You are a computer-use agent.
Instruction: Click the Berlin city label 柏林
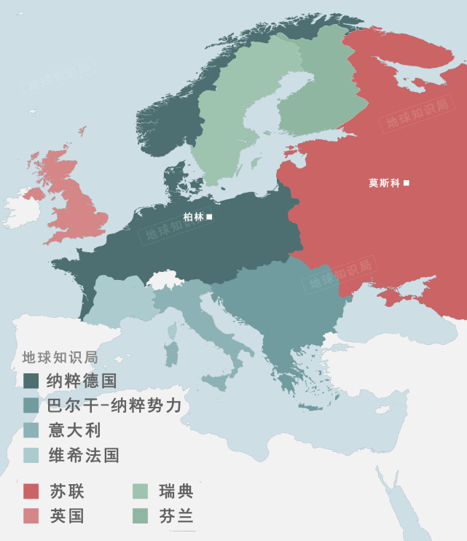[194, 217]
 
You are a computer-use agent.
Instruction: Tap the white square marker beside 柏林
[210, 217]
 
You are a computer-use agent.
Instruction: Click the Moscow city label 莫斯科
[385, 183]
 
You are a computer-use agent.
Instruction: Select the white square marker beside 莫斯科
[407, 182]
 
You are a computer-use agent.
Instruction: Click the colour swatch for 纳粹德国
[31, 381]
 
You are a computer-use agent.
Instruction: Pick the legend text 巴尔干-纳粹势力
[114, 405]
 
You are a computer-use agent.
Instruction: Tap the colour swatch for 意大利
[31, 430]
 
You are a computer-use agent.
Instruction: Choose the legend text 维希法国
[84, 456]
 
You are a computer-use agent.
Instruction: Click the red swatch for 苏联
[31, 491]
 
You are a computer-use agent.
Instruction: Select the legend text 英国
[67, 516]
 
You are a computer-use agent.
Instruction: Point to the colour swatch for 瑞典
[140, 491]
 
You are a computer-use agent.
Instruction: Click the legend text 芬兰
[176, 516]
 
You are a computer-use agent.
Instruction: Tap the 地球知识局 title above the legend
[60, 357]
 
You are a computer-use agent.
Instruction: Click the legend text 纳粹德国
[82, 381]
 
